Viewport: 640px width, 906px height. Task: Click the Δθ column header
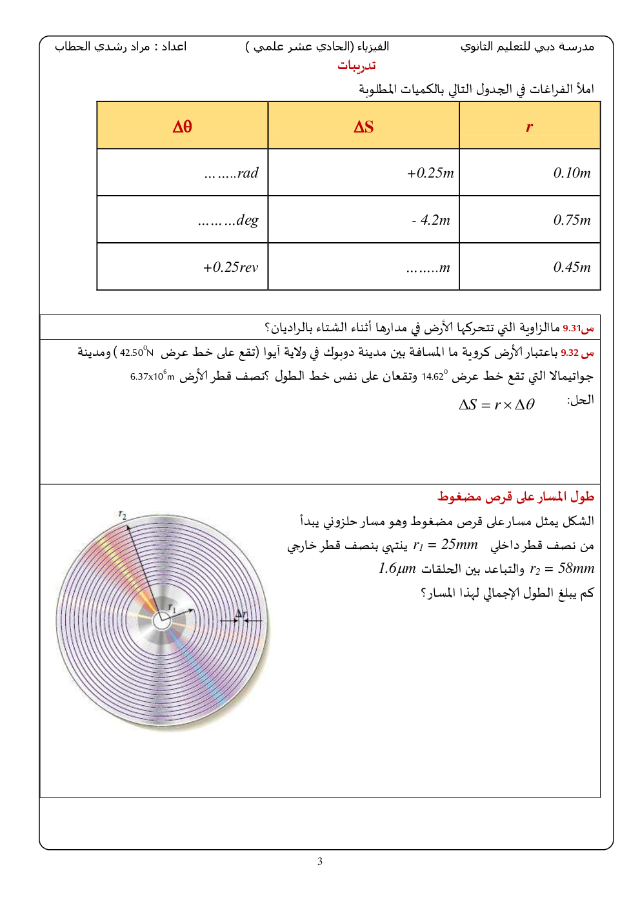click(x=182, y=127)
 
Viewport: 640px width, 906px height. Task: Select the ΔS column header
click(x=363, y=127)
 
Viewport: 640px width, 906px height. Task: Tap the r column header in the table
click(x=529, y=127)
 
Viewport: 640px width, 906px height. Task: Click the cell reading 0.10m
click(x=572, y=173)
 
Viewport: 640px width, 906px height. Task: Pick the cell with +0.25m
click(x=430, y=173)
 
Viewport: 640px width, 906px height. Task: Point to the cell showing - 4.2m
click(x=431, y=220)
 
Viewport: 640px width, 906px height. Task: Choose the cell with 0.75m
click(x=572, y=220)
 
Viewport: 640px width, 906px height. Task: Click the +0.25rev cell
click(x=230, y=267)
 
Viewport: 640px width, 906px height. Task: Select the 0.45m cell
click(x=572, y=267)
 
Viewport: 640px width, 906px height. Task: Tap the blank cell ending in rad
click(x=231, y=173)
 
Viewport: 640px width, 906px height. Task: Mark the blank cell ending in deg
click(x=228, y=220)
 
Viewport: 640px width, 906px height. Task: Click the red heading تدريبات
click(x=356, y=66)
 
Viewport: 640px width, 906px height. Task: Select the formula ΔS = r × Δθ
click(x=496, y=405)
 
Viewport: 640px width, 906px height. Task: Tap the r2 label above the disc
click(x=123, y=515)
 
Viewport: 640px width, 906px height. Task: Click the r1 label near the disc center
click(x=172, y=608)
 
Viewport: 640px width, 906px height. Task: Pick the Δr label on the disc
click(x=241, y=613)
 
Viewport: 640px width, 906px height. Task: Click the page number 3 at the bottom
click(x=320, y=861)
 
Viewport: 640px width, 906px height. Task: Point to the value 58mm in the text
click(x=576, y=569)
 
